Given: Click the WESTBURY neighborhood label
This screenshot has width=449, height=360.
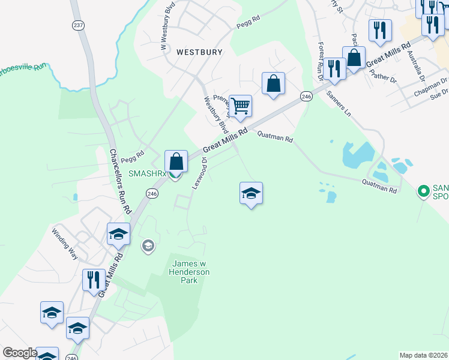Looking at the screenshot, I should [x=199, y=52].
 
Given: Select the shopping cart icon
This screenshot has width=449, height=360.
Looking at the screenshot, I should [x=240, y=106].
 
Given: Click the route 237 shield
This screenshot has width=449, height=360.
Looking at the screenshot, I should [x=78, y=25].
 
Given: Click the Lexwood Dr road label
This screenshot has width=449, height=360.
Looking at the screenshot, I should [x=199, y=173].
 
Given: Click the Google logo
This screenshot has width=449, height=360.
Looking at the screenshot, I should [x=19, y=352].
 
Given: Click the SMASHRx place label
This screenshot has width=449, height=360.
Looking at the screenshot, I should [x=146, y=173].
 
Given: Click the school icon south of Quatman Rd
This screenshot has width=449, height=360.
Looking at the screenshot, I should [x=251, y=193].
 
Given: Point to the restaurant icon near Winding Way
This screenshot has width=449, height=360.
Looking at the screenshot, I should [x=93, y=280].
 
